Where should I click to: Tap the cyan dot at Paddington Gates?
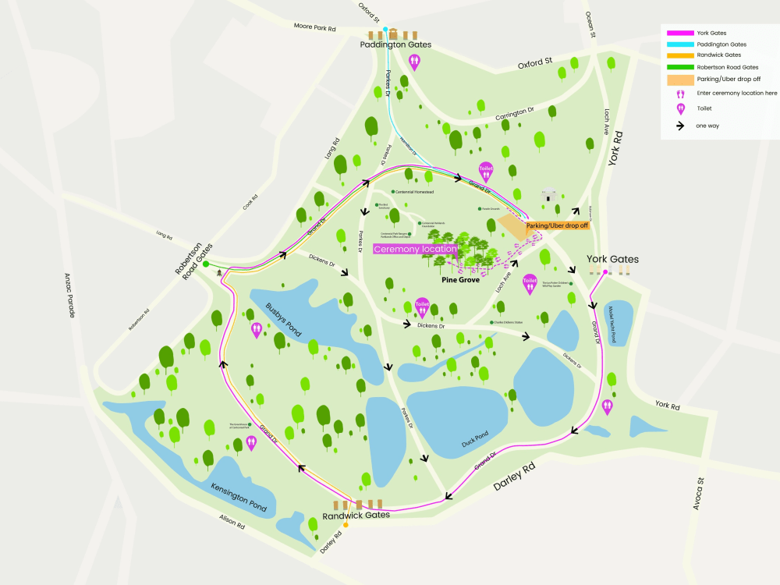tap(385, 29)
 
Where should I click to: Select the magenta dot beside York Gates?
tap(605, 272)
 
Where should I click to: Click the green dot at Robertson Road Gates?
tap(206, 265)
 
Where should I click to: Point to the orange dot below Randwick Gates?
tap(346, 525)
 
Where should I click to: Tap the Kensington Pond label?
tap(239, 496)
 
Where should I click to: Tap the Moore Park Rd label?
tap(314, 28)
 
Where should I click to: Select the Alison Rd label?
tap(231, 526)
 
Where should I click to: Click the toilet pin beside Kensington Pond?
tap(251, 443)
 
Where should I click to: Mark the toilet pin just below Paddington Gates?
tap(414, 62)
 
